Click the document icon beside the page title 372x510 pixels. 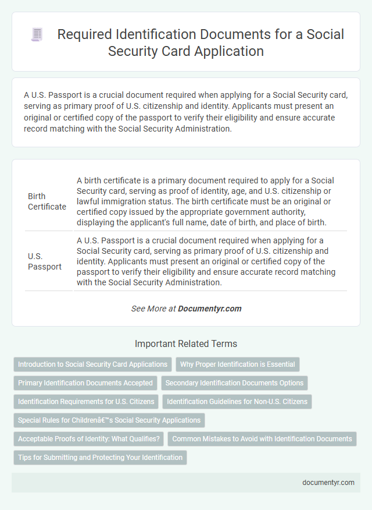(x=37, y=35)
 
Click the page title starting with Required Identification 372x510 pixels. (x=201, y=42)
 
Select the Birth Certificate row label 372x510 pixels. (x=47, y=201)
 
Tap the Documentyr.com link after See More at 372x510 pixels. (x=210, y=309)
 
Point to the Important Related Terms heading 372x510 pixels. (x=185, y=343)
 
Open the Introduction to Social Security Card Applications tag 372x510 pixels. (x=92, y=364)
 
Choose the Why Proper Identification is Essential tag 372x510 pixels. (x=237, y=364)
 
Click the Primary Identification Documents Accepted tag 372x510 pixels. (x=85, y=383)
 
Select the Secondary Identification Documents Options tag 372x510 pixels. (x=234, y=383)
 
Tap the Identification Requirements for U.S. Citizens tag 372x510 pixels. (x=86, y=401)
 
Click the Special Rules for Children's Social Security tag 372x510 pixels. (x=109, y=420)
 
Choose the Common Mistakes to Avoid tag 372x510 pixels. (x=262, y=438)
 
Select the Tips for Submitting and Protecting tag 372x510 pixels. (x=100, y=457)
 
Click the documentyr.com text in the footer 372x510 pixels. (x=328, y=482)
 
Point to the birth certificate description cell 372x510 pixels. (x=210, y=201)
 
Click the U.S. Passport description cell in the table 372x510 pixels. (x=210, y=261)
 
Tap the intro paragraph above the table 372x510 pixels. (x=185, y=112)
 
